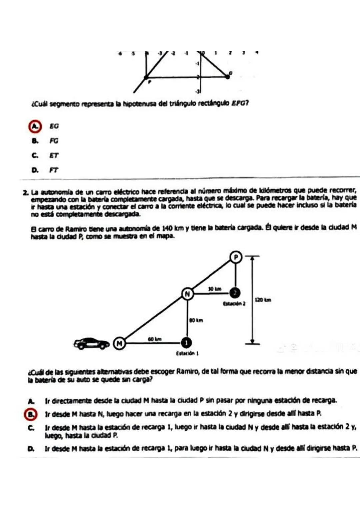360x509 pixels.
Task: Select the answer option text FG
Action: point(54,141)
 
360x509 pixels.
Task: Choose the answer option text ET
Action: point(54,156)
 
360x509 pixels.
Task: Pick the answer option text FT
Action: point(54,170)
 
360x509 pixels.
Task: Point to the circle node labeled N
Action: point(187,294)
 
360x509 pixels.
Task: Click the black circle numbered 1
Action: point(187,343)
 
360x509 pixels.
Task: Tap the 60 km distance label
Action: point(155,339)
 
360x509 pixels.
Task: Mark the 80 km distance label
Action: point(196,320)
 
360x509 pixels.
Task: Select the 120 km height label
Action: point(263,300)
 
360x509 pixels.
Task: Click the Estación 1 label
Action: point(187,353)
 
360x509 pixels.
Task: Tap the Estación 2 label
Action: point(234,304)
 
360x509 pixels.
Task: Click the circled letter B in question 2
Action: point(30,414)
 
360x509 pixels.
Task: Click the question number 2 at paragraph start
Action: point(25,193)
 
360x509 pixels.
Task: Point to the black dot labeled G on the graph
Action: point(227,77)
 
